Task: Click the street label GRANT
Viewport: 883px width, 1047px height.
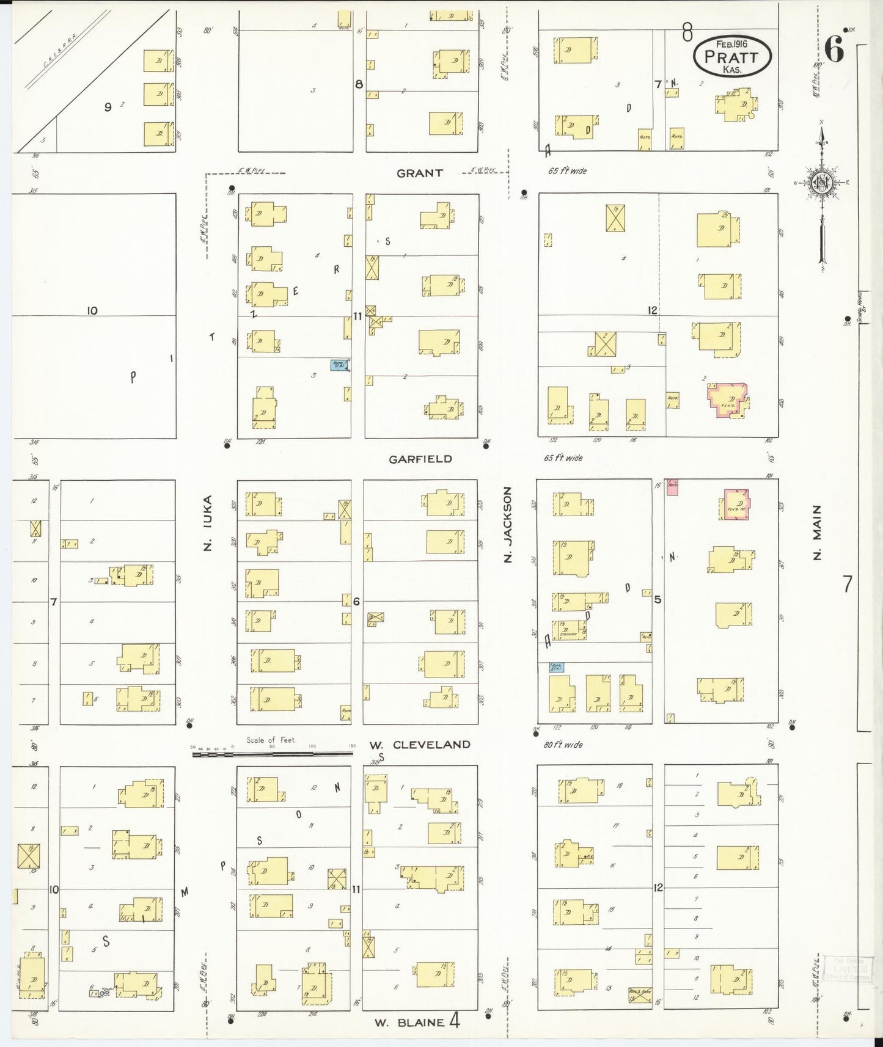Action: coord(419,173)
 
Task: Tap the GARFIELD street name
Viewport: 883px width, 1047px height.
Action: coord(420,459)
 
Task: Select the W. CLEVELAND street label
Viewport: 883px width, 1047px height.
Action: coord(420,745)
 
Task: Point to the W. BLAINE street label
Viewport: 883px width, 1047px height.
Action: coord(409,1023)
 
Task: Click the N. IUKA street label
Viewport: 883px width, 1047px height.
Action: coord(208,523)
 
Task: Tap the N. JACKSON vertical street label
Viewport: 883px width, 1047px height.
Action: coord(508,524)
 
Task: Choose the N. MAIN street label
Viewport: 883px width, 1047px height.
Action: coord(817,532)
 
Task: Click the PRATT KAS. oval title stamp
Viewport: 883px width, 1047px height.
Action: coord(732,56)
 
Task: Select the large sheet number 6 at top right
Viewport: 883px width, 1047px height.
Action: coord(834,49)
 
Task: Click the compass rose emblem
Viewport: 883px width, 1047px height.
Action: coord(821,183)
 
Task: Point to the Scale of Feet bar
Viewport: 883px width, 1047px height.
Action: coord(272,754)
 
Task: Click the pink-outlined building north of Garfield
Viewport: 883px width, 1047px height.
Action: coord(728,401)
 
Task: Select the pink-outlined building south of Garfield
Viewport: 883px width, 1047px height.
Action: coord(737,505)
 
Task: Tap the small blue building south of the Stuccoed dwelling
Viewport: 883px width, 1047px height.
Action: coord(556,667)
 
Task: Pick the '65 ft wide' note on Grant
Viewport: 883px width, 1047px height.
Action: coord(567,171)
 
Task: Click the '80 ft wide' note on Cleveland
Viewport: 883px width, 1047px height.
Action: coord(563,745)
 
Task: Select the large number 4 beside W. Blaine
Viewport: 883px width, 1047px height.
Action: coord(454,1021)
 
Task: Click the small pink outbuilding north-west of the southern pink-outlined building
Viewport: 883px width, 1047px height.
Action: coord(672,487)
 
